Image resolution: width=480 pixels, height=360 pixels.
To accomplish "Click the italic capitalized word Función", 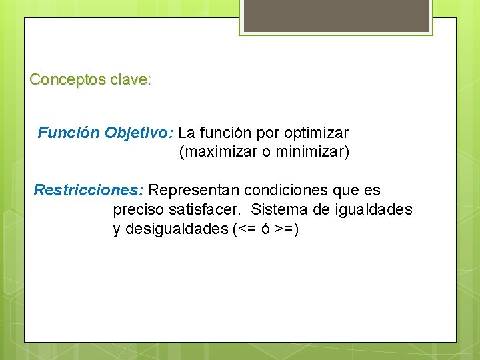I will (69, 133).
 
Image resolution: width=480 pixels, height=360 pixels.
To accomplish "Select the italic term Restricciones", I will (88, 190).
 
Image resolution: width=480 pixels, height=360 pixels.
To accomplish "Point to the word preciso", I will (138, 210).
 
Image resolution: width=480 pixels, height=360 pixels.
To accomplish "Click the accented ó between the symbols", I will (265, 230).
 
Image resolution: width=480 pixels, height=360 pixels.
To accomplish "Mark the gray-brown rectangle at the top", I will (335, 15).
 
